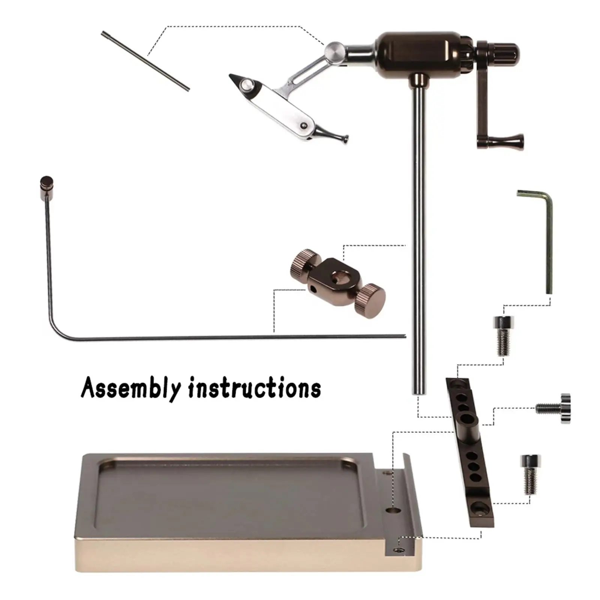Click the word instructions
[x=255, y=388]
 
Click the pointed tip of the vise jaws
[x=232, y=77]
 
